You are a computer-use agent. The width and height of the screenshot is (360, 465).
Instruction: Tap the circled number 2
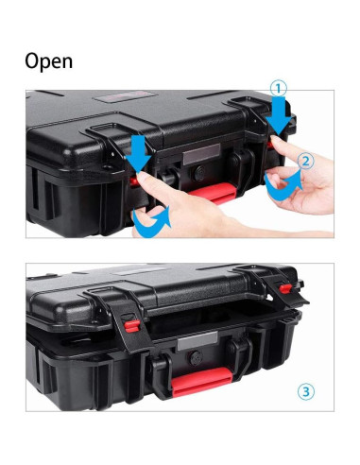[305, 162]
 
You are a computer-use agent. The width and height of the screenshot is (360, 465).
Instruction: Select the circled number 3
[305, 389]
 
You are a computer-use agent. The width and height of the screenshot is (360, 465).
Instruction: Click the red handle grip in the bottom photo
[201, 380]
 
